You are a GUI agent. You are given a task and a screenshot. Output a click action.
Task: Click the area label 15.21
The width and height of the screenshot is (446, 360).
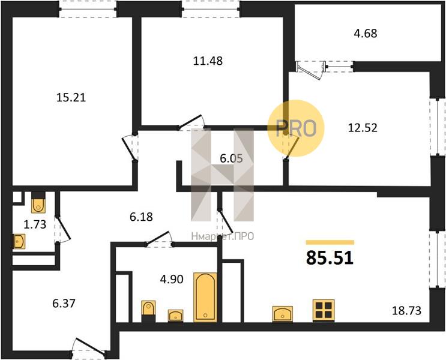(x=71, y=98)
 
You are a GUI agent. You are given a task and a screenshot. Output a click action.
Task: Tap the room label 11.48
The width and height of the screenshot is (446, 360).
(x=208, y=61)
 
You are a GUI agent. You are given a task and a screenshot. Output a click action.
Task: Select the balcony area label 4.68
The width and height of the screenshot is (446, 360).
(x=366, y=34)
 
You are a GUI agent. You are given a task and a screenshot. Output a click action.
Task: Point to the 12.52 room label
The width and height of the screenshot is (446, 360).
(x=363, y=128)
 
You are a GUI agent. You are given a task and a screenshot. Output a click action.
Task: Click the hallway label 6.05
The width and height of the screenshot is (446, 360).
(x=232, y=158)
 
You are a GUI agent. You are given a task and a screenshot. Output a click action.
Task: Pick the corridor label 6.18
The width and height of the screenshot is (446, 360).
(x=142, y=217)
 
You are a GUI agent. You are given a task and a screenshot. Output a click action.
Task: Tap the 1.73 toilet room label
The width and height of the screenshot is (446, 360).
(x=35, y=224)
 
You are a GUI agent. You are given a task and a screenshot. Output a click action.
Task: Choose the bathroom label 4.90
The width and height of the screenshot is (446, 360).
(x=172, y=280)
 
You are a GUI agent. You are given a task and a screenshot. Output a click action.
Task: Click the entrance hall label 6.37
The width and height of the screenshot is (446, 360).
(x=64, y=304)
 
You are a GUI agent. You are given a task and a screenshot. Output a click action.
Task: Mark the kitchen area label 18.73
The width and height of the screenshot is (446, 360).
(x=406, y=311)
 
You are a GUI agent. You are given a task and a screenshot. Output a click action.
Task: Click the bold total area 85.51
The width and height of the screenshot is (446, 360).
(x=330, y=258)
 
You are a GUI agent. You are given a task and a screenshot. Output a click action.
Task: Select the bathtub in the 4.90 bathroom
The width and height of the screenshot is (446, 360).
(x=205, y=297)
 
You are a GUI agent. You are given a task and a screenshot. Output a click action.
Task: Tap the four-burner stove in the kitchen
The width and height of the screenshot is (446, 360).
(x=324, y=310)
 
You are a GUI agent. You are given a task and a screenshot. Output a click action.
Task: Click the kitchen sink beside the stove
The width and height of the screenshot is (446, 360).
(x=283, y=314)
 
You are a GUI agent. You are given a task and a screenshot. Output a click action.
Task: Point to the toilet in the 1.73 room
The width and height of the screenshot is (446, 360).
(x=38, y=203)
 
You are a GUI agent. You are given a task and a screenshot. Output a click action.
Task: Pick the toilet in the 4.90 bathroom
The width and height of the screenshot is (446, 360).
(x=148, y=311)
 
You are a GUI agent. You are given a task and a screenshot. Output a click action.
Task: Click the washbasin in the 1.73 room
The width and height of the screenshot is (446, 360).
(x=19, y=242)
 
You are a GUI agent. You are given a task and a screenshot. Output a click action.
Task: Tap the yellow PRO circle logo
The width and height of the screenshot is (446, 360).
(x=296, y=128)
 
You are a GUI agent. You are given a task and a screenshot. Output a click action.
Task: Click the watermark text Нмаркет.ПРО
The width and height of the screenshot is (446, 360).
(x=223, y=236)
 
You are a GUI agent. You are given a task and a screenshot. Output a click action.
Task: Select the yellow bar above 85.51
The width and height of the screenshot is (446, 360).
(x=330, y=242)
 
